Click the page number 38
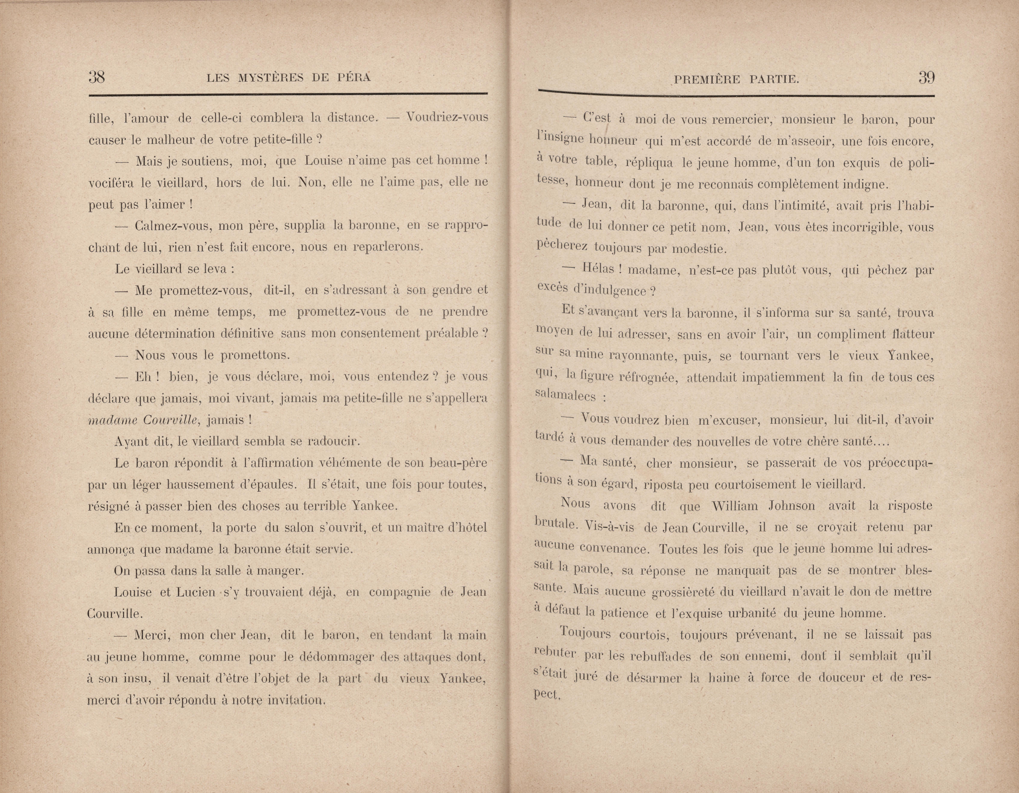pos(97,77)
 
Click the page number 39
pos(926,77)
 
